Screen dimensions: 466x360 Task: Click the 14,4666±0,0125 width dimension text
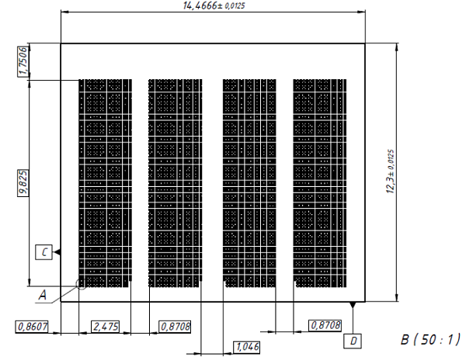[214, 5]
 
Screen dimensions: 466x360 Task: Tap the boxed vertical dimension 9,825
[23, 183]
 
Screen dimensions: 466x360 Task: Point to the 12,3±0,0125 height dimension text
[390, 171]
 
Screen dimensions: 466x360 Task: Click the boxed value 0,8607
[32, 327]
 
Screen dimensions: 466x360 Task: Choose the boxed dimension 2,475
[106, 327]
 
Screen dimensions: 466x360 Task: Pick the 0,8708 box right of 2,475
[175, 327]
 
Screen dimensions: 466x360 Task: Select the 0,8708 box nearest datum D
[325, 325]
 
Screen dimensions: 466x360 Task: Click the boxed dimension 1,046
[247, 347]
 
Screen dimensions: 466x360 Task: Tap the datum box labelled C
[43, 252]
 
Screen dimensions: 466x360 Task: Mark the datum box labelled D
[353, 341]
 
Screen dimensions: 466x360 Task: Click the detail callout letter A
[43, 296]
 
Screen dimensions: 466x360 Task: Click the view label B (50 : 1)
[430, 339]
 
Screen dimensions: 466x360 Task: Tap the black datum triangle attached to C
[57, 252]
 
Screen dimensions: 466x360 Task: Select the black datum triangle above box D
[353, 305]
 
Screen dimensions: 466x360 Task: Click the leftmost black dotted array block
[105, 183]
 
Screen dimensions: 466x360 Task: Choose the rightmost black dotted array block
[320, 183]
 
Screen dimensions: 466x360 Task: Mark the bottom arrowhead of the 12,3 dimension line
[396, 297]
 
